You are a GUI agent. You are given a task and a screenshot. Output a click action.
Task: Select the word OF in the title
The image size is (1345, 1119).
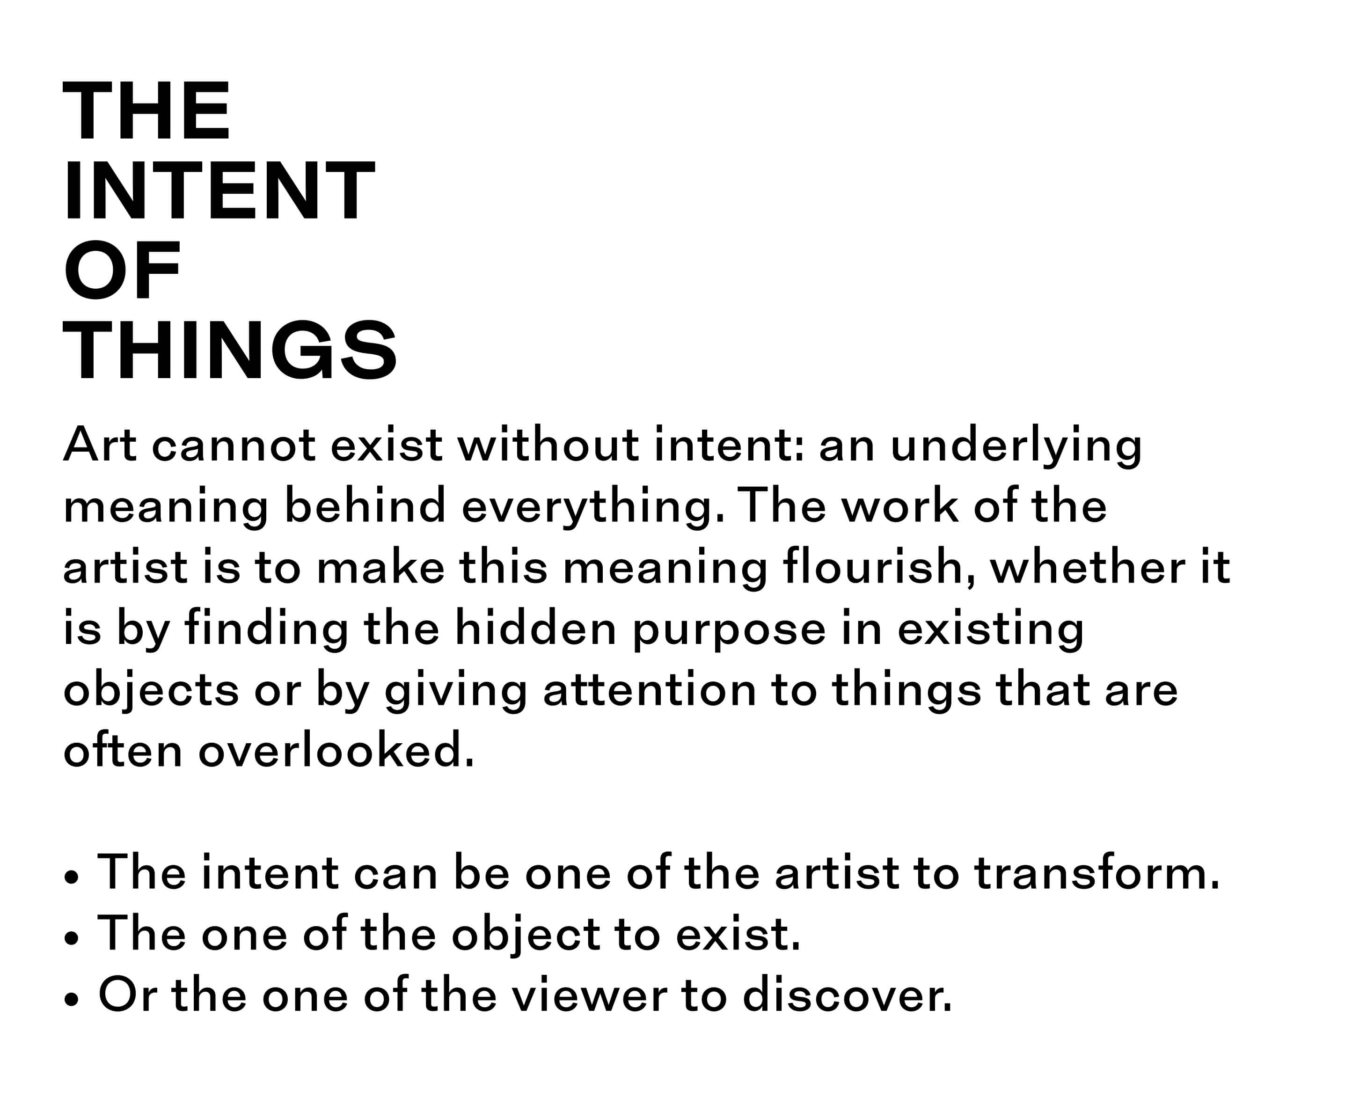point(122,271)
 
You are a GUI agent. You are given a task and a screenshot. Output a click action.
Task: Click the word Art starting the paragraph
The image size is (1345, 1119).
point(100,444)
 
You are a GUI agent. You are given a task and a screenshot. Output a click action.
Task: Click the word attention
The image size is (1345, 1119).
point(650,690)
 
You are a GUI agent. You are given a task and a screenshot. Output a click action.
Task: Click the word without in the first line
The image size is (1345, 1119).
point(548,443)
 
